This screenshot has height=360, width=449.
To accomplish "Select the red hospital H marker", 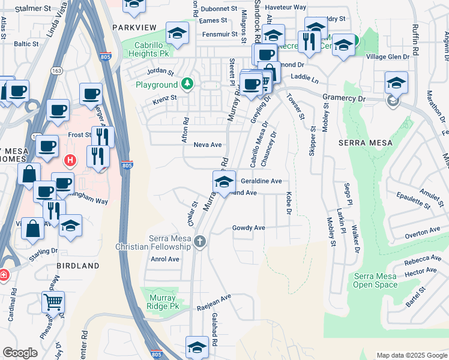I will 70,160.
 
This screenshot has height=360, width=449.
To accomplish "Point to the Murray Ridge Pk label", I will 163,302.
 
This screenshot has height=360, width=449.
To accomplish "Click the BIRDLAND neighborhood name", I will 78,265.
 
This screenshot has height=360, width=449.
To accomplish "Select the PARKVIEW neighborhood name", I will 133,28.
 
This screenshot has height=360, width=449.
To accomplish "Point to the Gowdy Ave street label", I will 249,228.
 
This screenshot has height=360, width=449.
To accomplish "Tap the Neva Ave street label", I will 208,145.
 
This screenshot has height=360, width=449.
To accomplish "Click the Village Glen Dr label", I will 388,56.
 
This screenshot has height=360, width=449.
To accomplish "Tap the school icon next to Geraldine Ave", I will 224,181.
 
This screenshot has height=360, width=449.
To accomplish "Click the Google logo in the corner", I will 20,352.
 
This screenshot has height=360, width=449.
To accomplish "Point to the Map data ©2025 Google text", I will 411,355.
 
